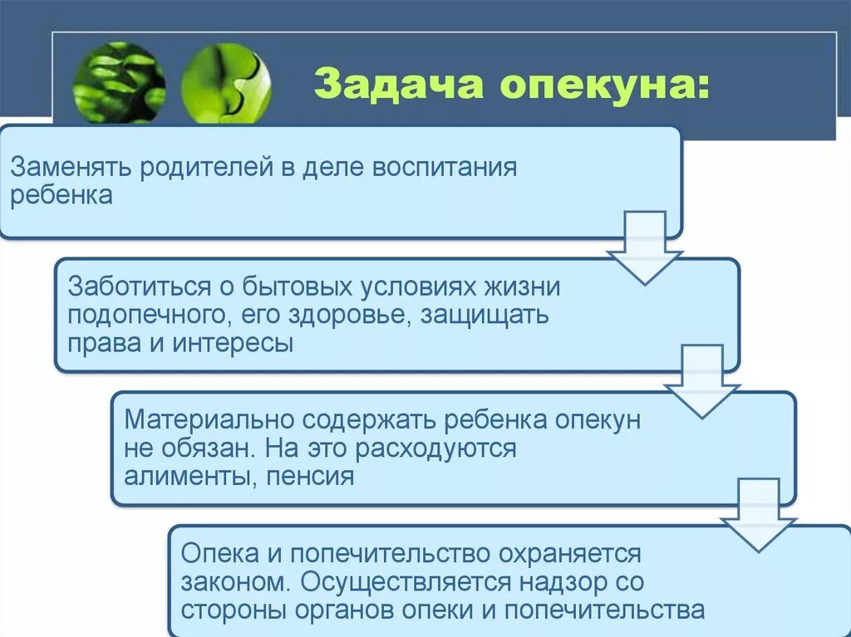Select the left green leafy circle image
[119, 83]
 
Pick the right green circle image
[225, 84]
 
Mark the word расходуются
[436, 448]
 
